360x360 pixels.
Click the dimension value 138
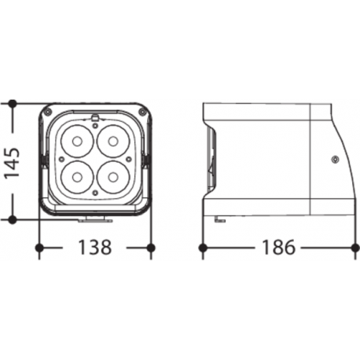pos(95,248)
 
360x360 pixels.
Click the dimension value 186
pos(278,248)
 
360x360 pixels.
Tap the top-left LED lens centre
pos(77,141)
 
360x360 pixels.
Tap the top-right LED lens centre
pos(113,141)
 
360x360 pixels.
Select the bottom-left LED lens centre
pos(77,178)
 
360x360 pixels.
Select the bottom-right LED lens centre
pos(113,178)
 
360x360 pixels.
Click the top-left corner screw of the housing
pos(47,112)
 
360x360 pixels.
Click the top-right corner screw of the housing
pos(142,112)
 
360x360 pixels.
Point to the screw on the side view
pos(335,159)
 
